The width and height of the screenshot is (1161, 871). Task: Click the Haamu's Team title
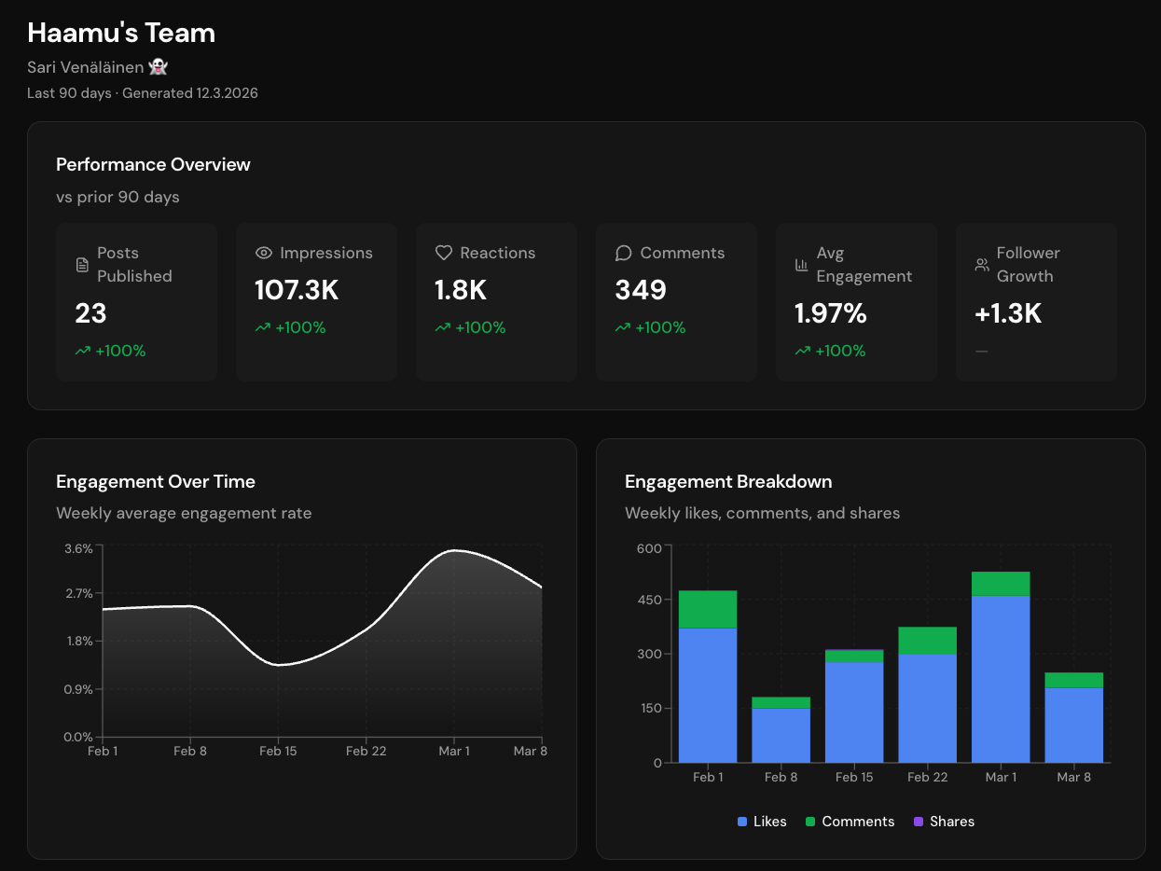(x=121, y=34)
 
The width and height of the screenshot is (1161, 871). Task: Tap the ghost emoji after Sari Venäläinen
(x=159, y=67)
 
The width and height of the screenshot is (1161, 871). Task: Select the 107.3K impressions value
(x=297, y=291)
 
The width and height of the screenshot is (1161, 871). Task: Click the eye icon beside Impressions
(x=264, y=253)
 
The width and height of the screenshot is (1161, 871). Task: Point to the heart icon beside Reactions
(x=444, y=253)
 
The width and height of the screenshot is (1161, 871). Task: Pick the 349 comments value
(x=640, y=291)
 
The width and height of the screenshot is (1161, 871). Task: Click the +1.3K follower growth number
(x=1007, y=314)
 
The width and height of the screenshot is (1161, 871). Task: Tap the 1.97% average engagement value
(x=830, y=314)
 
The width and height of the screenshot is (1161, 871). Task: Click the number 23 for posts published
(x=90, y=314)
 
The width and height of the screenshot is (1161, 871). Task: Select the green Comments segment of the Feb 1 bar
(x=708, y=609)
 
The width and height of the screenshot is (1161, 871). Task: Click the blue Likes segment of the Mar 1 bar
(x=1001, y=679)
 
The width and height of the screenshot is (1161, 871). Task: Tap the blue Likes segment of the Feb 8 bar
(x=781, y=735)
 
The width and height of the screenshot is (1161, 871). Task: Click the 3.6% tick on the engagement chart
(x=78, y=549)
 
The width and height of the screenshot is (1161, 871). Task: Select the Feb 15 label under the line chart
(x=278, y=751)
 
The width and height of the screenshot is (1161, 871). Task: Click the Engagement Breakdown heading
(x=728, y=482)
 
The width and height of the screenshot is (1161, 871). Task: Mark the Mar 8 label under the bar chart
(x=1073, y=777)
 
